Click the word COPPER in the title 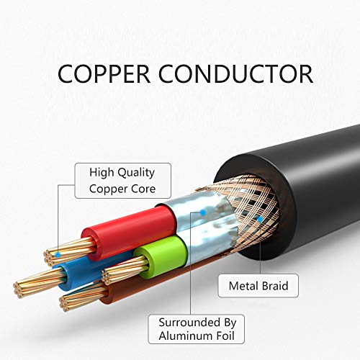[104, 73]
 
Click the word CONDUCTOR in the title [236, 73]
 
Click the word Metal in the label [243, 286]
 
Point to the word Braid [275, 286]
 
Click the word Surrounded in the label [189, 323]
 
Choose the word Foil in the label [225, 336]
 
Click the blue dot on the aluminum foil [203, 212]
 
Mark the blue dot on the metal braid [260, 219]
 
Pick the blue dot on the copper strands [58, 255]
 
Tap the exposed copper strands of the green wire [125, 269]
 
